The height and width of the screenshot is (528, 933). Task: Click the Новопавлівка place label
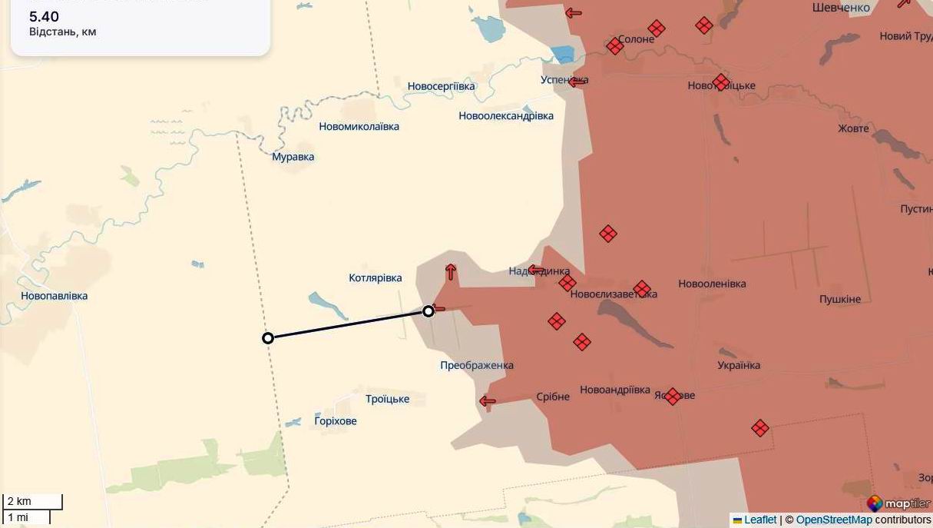[55, 296]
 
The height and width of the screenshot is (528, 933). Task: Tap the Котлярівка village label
[376, 278]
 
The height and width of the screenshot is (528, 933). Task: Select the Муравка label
[293, 157]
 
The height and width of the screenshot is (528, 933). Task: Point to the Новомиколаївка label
[359, 127]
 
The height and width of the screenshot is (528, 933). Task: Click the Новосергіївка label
[442, 87]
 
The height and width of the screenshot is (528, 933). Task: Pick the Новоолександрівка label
[506, 116]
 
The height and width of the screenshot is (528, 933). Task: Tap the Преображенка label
[477, 366]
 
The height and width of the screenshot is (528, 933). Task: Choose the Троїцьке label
[388, 400]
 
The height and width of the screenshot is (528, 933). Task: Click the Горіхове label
[336, 421]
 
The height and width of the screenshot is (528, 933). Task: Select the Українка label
[739, 366]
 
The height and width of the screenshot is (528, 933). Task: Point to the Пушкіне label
[840, 299]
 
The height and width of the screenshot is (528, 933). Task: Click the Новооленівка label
[712, 284]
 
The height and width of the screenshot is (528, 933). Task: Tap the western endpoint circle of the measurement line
[268, 338]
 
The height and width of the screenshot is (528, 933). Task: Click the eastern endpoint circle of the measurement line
[428, 311]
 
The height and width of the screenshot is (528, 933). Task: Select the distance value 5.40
[44, 17]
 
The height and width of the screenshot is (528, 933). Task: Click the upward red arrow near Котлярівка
[451, 271]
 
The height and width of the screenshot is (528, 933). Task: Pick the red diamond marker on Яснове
[673, 397]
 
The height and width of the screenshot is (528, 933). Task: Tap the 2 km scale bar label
[19, 502]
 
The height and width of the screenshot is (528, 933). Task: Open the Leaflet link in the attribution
[760, 520]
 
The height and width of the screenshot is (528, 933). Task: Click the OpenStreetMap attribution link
[834, 520]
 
